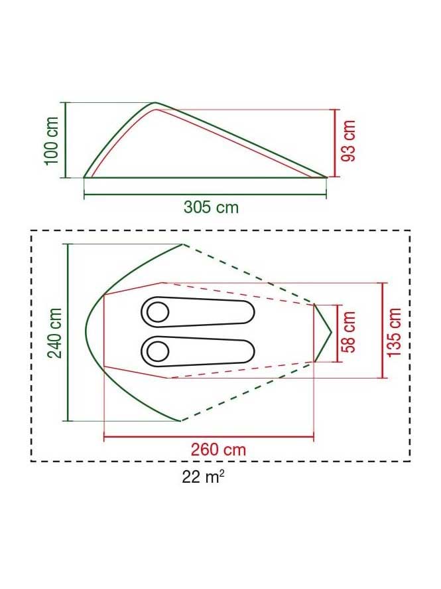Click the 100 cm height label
[52, 141]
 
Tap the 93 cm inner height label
[348, 141]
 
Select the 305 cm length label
[211, 207]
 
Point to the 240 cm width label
[54, 333]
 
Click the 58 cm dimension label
[348, 332]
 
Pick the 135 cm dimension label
[394, 333]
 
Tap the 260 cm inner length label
[219, 450]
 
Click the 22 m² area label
[203, 477]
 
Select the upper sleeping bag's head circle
[158, 312]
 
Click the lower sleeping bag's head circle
[158, 352]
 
